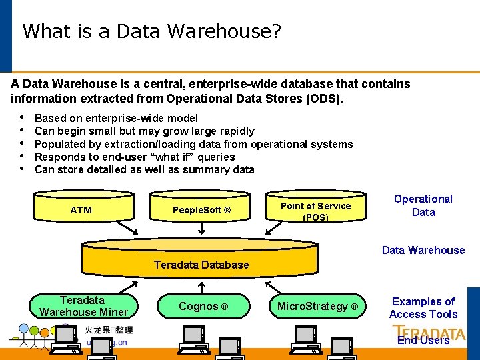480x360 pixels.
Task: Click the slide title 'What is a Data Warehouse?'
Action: [x=151, y=31]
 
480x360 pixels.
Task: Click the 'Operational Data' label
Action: [x=423, y=205]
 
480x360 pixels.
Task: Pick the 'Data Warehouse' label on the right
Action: [x=423, y=250]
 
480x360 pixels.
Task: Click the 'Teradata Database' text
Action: [x=201, y=265]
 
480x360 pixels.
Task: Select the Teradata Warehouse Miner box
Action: [x=83, y=306]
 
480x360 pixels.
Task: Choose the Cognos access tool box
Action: [x=203, y=306]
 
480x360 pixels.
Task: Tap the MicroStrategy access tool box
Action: [x=317, y=306]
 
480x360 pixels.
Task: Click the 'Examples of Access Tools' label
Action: [x=423, y=308]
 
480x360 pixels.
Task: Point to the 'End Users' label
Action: [x=423, y=340]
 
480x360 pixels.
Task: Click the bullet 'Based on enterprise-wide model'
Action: [x=116, y=118]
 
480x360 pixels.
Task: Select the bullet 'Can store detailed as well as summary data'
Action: [x=144, y=169]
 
